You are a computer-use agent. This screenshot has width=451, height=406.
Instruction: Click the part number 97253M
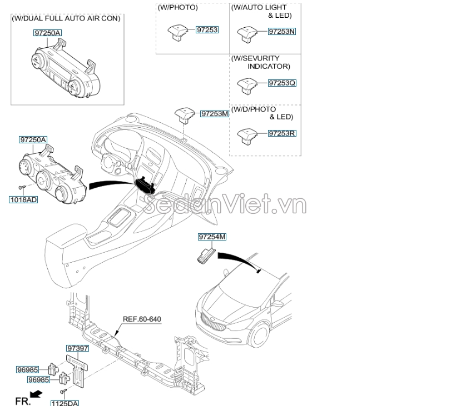click(215, 114)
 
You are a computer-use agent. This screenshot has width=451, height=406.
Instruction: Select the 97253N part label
click(281, 32)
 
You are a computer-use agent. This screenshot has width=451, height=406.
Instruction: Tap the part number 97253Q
click(281, 83)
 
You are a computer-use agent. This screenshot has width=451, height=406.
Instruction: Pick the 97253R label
click(281, 133)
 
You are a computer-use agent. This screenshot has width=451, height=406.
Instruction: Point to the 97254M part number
click(212, 237)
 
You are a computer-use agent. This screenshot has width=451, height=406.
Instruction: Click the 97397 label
click(77, 348)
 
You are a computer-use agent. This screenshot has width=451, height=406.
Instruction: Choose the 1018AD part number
click(23, 199)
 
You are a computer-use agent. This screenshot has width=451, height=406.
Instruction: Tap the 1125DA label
click(65, 403)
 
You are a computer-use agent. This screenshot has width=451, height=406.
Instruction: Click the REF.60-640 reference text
click(142, 319)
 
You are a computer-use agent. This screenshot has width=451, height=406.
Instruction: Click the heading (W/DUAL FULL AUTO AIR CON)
click(66, 18)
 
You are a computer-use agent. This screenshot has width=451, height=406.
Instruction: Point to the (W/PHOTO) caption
click(177, 8)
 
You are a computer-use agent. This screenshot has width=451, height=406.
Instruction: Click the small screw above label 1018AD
click(22, 188)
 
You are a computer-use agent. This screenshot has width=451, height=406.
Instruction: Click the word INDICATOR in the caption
click(269, 66)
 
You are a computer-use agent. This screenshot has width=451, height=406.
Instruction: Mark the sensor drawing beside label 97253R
click(245, 134)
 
